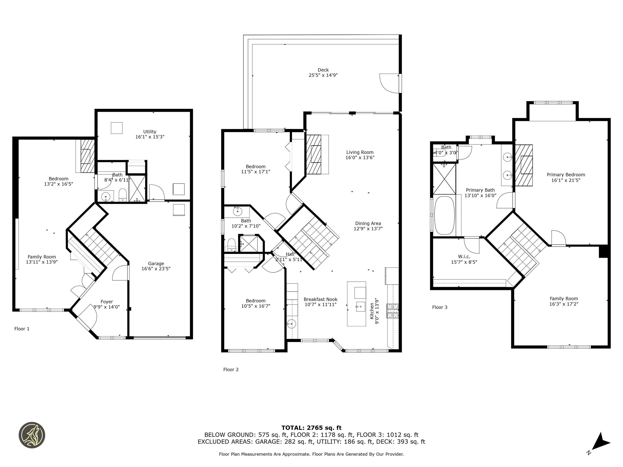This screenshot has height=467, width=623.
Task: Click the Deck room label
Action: [323, 70]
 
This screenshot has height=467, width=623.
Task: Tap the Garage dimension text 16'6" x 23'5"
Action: [156, 269]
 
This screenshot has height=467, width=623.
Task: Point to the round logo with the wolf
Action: [32, 435]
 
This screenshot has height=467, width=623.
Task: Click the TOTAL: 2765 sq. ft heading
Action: [311, 428]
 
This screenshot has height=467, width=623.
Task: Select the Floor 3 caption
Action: [440, 307]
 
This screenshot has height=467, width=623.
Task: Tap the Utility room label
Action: [149, 132]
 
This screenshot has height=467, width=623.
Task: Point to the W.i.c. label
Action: [464, 256]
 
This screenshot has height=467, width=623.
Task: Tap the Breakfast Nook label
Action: [320, 299]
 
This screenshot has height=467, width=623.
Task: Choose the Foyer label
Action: [107, 301]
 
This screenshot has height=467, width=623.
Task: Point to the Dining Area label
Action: [368, 223]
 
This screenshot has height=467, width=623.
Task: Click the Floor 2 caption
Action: [231, 369]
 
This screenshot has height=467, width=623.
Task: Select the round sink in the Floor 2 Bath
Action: [237, 211]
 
